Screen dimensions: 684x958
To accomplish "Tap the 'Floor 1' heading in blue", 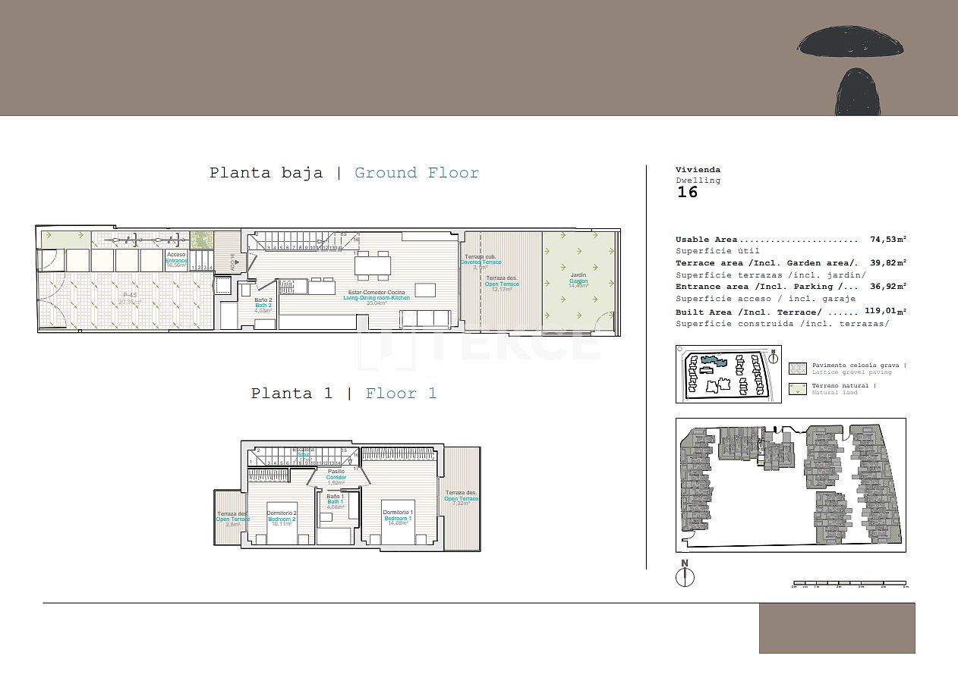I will [401, 394].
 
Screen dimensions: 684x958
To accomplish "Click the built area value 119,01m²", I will [886, 312].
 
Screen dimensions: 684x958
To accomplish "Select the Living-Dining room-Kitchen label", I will [377, 297].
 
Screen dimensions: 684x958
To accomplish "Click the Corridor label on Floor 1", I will [336, 477].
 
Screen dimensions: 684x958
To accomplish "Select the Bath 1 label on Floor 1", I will [336, 501].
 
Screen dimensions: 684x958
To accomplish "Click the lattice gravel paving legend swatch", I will [798, 369].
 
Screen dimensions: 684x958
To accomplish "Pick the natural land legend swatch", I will [798, 389].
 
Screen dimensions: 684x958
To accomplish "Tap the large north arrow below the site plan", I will [685, 576].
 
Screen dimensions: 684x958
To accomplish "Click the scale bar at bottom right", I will [849, 585].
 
